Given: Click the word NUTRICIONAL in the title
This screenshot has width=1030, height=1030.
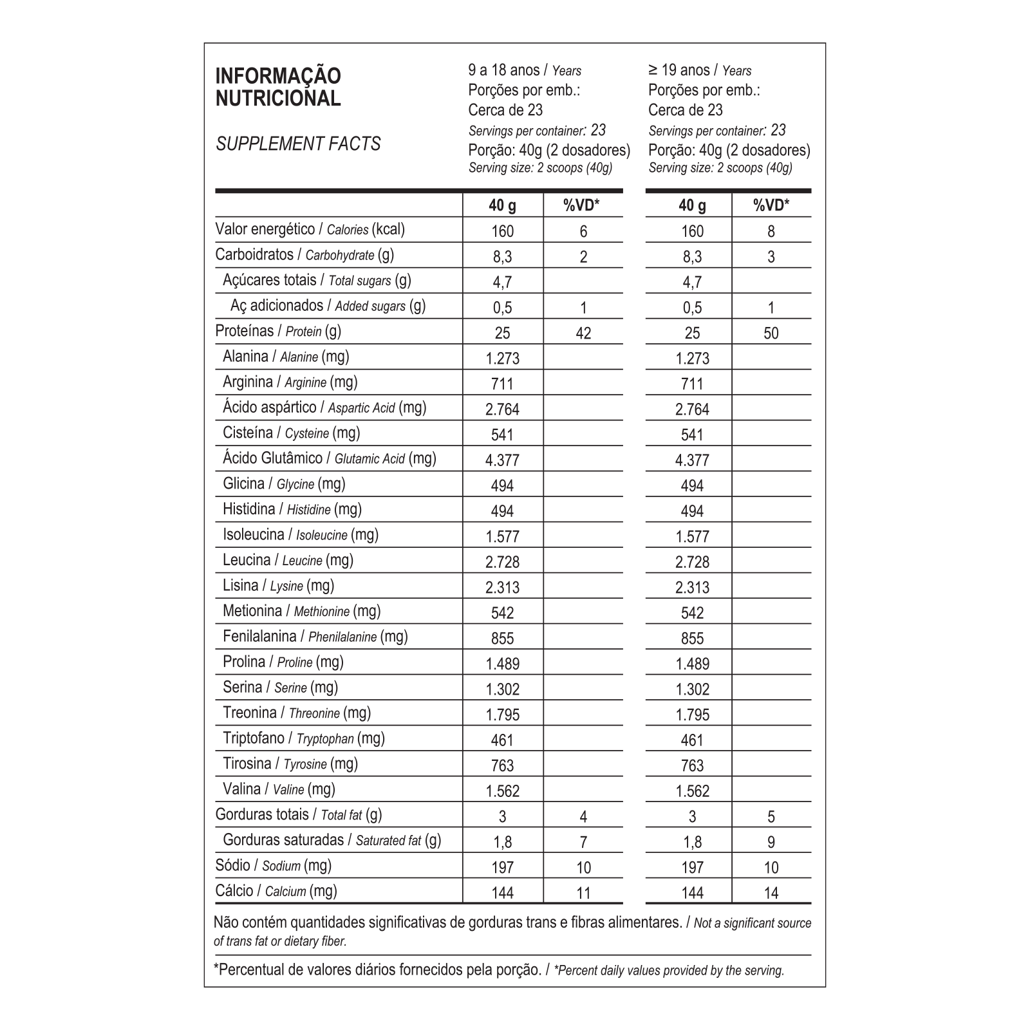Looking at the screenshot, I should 278,98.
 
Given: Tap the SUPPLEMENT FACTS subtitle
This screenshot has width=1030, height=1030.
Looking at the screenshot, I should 298,144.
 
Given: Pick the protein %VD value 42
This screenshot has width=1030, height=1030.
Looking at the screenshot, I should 583,333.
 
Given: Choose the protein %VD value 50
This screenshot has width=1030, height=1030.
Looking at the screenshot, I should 771,333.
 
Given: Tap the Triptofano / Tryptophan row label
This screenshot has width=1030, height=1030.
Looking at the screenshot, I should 303,738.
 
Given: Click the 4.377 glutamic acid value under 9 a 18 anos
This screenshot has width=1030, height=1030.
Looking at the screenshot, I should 502,460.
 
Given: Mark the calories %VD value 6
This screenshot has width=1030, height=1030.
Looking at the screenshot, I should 583,231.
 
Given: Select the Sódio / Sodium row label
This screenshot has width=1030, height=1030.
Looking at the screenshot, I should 273,865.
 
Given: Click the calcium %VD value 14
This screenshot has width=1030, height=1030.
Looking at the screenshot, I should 771,893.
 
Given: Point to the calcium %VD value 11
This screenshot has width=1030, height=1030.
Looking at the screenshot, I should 583,893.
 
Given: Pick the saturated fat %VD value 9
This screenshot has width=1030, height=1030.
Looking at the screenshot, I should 771,842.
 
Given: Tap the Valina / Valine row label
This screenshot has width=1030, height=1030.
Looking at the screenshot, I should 279,789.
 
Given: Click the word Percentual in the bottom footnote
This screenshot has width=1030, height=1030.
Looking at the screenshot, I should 251,969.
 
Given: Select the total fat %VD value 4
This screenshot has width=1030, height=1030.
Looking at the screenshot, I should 583,817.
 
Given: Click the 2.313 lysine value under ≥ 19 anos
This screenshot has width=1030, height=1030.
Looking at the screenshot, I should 692,587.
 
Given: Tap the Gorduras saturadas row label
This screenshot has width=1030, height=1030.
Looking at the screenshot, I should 332,839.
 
